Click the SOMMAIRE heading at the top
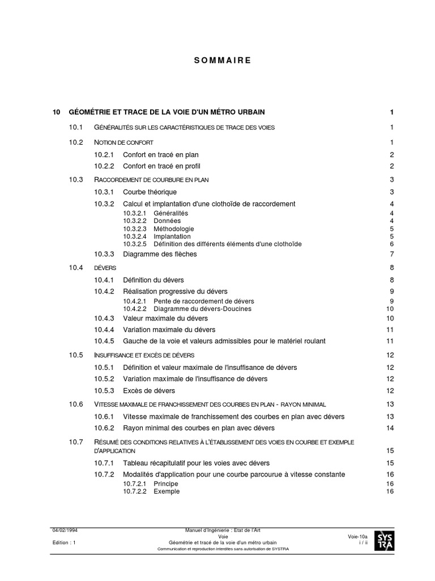[217, 60]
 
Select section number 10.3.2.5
[135, 244]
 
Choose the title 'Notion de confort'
[123, 142]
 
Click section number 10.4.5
[104, 341]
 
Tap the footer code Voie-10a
[358, 536]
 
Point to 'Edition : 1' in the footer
[63, 542]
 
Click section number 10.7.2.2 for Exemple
[135, 491]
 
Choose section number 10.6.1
[104, 416]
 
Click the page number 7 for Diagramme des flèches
[391, 254]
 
